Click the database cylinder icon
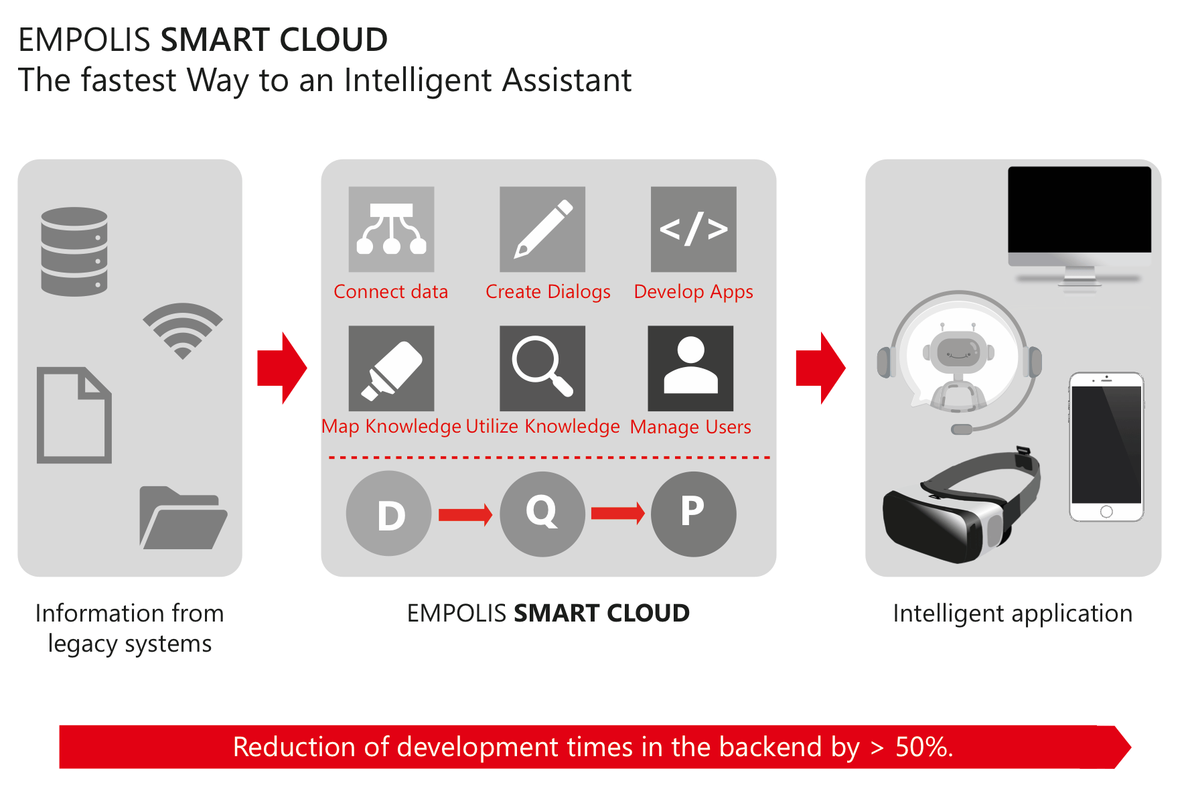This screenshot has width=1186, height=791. (x=74, y=251)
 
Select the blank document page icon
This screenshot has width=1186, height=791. (x=74, y=415)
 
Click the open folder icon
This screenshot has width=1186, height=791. (x=183, y=518)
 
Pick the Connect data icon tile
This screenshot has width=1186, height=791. (x=391, y=229)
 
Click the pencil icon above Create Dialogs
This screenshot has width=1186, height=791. (x=542, y=229)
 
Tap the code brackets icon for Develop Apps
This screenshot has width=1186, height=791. (x=694, y=229)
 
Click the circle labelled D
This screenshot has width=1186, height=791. (x=389, y=514)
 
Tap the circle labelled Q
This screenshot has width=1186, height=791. (x=542, y=514)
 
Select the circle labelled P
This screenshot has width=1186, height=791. (x=694, y=514)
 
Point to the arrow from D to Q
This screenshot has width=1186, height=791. (x=465, y=514)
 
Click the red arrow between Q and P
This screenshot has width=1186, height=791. (x=618, y=514)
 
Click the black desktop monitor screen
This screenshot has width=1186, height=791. (x=1080, y=209)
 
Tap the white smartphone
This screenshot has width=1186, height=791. (x=1106, y=447)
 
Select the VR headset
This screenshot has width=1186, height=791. (x=962, y=506)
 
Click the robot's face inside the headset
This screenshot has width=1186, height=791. (x=958, y=350)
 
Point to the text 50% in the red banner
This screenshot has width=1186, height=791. (x=924, y=747)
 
